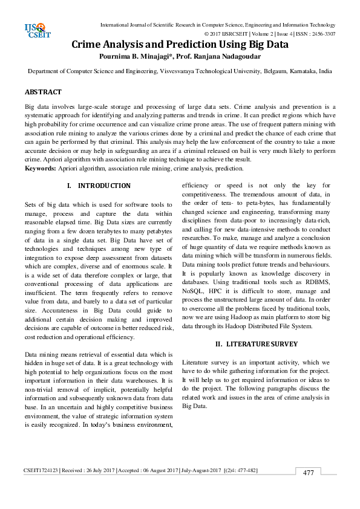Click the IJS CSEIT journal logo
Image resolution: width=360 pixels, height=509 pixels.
[x=34, y=30]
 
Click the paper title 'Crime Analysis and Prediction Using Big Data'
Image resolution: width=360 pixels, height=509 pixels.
[x=180, y=44]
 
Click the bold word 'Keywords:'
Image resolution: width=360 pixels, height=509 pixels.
[x=40, y=167]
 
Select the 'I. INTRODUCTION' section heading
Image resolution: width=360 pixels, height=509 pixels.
[x=98, y=186]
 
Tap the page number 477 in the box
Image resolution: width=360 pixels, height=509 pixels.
[x=309, y=473]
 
